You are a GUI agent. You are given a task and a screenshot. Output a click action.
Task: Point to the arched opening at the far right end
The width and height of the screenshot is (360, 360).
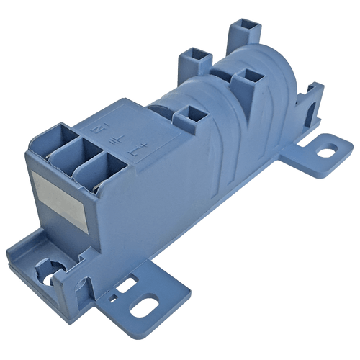310,107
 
